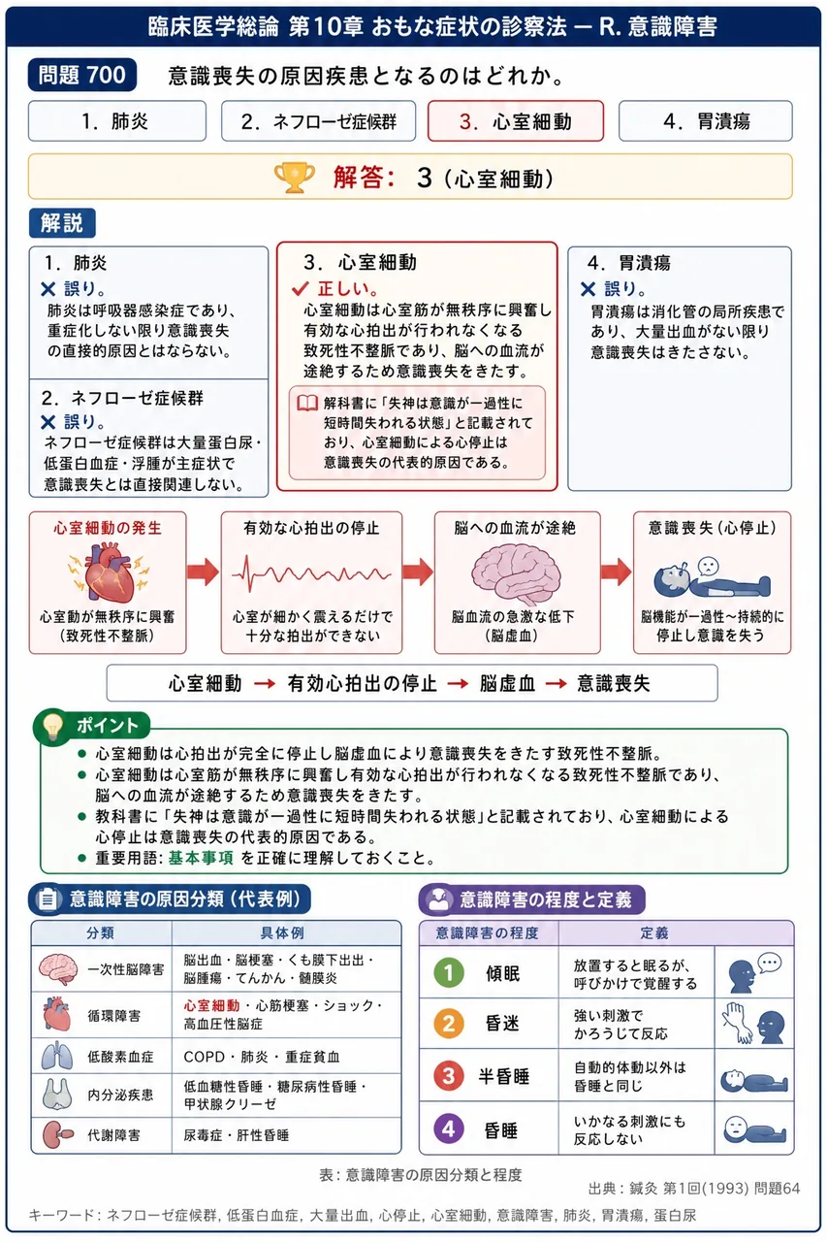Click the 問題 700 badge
(82, 75)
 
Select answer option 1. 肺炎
(117, 121)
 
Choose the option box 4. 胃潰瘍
(705, 121)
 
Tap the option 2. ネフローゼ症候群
(318, 121)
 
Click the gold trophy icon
(294, 178)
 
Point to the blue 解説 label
(62, 223)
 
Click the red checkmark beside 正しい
(301, 288)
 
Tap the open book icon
(307, 403)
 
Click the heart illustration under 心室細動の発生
(109, 572)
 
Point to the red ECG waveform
(311, 573)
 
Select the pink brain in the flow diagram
(516, 573)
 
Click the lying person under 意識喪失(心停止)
(712, 576)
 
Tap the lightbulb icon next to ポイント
(52, 726)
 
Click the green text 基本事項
(201, 858)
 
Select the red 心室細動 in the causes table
(211, 1005)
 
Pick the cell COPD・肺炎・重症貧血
(262, 1057)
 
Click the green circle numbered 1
(449, 972)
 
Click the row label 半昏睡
(504, 1076)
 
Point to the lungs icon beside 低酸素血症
(57, 1056)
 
